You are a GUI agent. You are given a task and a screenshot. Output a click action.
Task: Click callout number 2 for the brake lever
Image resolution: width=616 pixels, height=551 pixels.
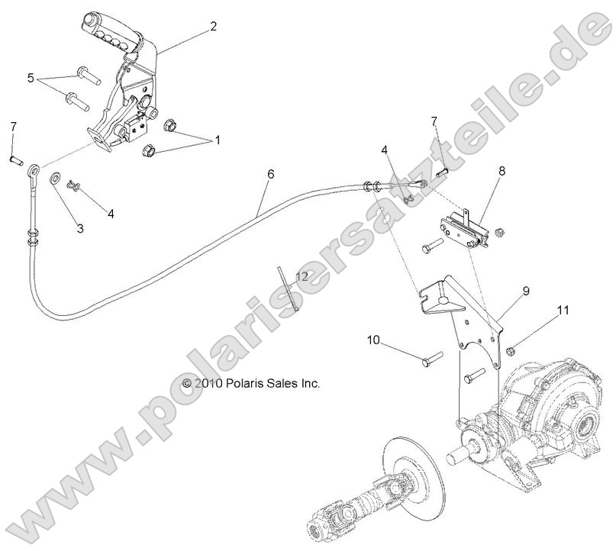[x=213, y=26]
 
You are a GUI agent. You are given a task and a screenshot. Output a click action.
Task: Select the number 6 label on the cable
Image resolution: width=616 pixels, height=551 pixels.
[x=249, y=173]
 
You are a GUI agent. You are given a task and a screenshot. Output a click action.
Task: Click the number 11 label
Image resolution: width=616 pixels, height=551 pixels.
[x=541, y=310]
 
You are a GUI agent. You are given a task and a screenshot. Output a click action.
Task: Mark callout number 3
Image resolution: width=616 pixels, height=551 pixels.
[x=80, y=227]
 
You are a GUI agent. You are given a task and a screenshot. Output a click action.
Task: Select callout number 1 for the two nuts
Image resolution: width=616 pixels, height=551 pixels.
[x=217, y=140]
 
